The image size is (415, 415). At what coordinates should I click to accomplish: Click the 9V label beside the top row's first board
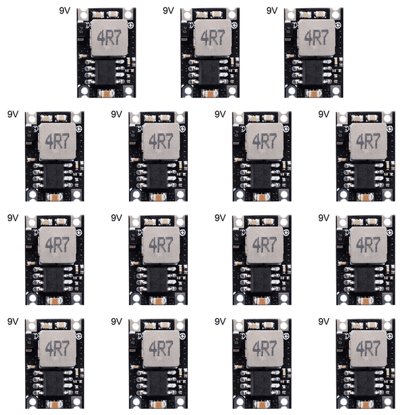(x=64, y=11)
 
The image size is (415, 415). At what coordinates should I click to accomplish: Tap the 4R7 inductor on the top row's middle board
(x=213, y=38)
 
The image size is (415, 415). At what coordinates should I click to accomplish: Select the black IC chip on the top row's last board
(x=313, y=72)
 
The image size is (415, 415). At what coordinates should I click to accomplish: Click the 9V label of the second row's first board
(x=13, y=115)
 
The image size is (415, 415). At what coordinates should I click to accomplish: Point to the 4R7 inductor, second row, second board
(x=161, y=142)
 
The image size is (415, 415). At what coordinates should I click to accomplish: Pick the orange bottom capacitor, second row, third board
(x=262, y=197)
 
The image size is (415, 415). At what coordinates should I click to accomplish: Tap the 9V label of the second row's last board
(x=323, y=115)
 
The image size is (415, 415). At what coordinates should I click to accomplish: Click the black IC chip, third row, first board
(x=53, y=279)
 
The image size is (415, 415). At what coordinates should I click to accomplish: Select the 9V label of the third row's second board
(x=117, y=218)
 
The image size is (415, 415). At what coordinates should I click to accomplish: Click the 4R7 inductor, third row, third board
(x=265, y=245)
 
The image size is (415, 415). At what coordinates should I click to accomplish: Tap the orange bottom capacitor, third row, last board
(x=365, y=300)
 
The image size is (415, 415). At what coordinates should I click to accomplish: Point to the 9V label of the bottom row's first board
(x=13, y=322)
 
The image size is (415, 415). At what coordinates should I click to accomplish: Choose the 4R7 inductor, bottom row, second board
(x=161, y=349)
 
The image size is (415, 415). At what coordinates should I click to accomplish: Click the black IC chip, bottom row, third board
(x=260, y=383)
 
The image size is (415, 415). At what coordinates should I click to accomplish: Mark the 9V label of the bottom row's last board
(x=323, y=322)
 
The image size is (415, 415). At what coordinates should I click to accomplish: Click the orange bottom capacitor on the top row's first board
(x=106, y=93)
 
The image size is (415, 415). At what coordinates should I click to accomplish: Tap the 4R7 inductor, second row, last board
(x=369, y=142)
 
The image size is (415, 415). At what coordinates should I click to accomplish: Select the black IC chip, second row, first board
(x=53, y=176)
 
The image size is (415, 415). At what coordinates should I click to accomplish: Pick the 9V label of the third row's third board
(x=220, y=218)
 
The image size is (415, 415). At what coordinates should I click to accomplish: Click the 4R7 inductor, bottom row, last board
(x=369, y=349)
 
